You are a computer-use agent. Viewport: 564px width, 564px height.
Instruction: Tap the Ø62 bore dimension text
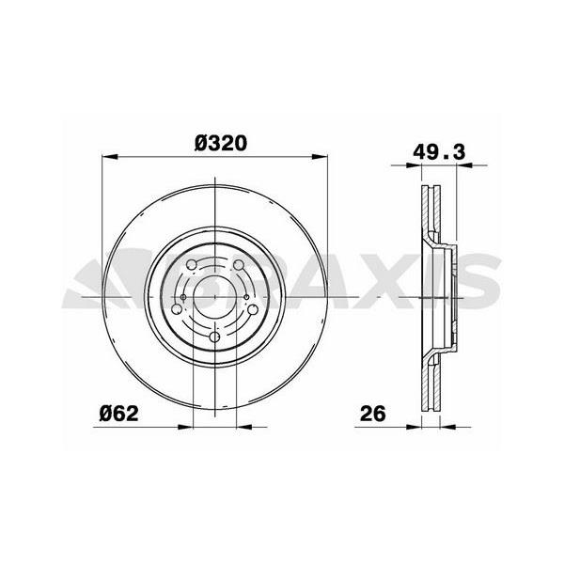point(120,413)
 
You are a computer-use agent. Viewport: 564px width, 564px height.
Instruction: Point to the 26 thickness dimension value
point(374,413)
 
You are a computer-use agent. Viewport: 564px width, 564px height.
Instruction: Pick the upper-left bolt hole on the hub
point(192,265)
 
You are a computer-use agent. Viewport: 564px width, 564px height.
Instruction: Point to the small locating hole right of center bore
point(246,299)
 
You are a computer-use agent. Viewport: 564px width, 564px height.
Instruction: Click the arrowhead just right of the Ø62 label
point(185,426)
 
